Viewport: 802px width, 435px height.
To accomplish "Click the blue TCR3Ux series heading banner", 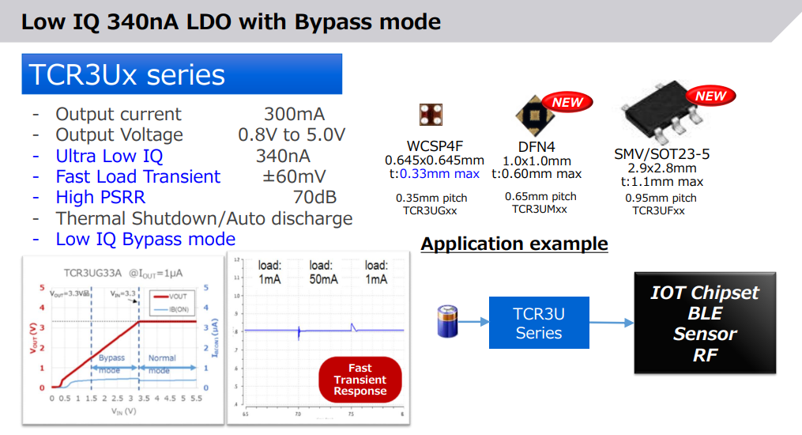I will [x=182, y=74].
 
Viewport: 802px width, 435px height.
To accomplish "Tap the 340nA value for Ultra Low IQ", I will [x=283, y=156].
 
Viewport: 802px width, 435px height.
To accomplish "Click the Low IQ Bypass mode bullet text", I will [x=145, y=239].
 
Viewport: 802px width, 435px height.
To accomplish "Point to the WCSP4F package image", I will [x=430, y=115].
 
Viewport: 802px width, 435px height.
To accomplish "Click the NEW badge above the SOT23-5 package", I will [x=710, y=96].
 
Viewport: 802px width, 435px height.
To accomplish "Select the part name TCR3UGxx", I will [x=430, y=210].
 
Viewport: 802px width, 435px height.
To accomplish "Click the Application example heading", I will [x=514, y=244].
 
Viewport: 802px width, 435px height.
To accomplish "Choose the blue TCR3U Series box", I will [x=539, y=323].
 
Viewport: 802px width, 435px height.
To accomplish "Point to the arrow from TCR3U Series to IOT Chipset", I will [x=612, y=323].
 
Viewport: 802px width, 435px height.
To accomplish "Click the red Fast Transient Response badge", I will [x=360, y=380].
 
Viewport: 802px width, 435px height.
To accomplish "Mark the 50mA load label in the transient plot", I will [x=320, y=273].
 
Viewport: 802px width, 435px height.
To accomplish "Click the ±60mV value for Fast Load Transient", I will [x=294, y=176].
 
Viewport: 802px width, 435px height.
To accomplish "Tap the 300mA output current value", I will [x=294, y=114].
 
